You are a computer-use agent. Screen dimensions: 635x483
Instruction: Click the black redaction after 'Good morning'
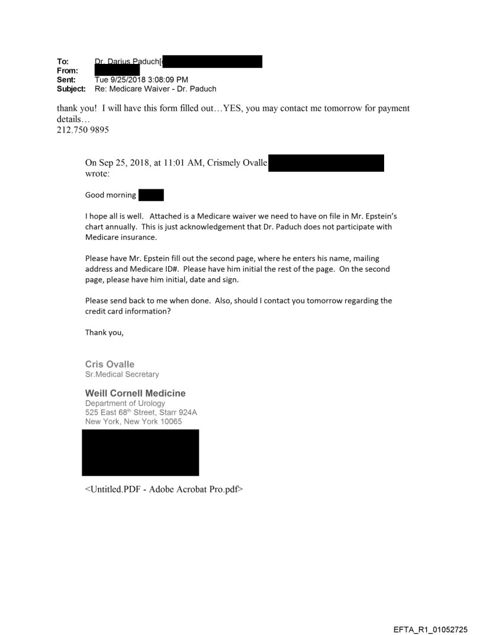pos(151,195)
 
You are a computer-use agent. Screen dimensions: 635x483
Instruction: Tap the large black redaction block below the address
pos(140,453)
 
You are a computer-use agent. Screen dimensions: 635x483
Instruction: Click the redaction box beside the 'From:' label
pos(117,70)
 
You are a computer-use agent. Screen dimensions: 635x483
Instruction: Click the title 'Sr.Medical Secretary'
pos(122,375)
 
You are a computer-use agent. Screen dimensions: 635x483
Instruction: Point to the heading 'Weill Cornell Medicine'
pos(136,394)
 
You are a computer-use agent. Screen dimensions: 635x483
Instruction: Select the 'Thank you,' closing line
pos(105,333)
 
